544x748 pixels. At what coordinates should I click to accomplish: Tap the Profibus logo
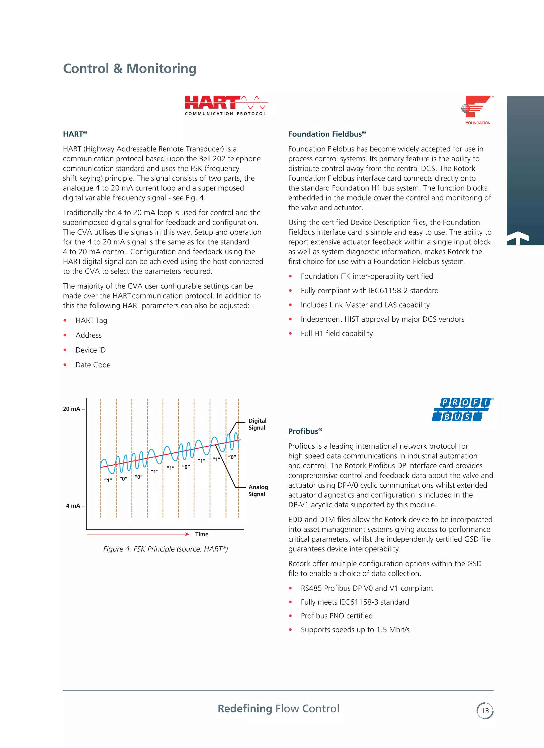[x=462, y=409]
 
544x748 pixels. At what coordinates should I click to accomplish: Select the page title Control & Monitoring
[x=130, y=69]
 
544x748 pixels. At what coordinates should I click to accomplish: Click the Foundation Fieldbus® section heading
[x=327, y=134]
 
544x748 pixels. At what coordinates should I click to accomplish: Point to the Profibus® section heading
[x=305, y=431]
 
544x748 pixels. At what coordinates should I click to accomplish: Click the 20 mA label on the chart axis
[x=72, y=409]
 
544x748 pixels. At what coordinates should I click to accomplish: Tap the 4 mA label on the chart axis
[x=73, y=505]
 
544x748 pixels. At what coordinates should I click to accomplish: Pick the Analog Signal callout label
[x=258, y=490]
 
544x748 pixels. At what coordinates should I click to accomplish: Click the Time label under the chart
[x=202, y=534]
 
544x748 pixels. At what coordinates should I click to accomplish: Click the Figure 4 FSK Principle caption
[x=165, y=549]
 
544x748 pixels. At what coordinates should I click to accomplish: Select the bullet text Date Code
[x=93, y=365]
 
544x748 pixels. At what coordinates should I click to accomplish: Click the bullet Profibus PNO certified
[x=337, y=616]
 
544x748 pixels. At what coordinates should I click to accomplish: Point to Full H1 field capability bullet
[x=337, y=333]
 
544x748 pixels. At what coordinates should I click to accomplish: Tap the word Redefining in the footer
[x=245, y=708]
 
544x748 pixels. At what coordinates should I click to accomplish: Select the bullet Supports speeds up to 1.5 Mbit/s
[x=355, y=630]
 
